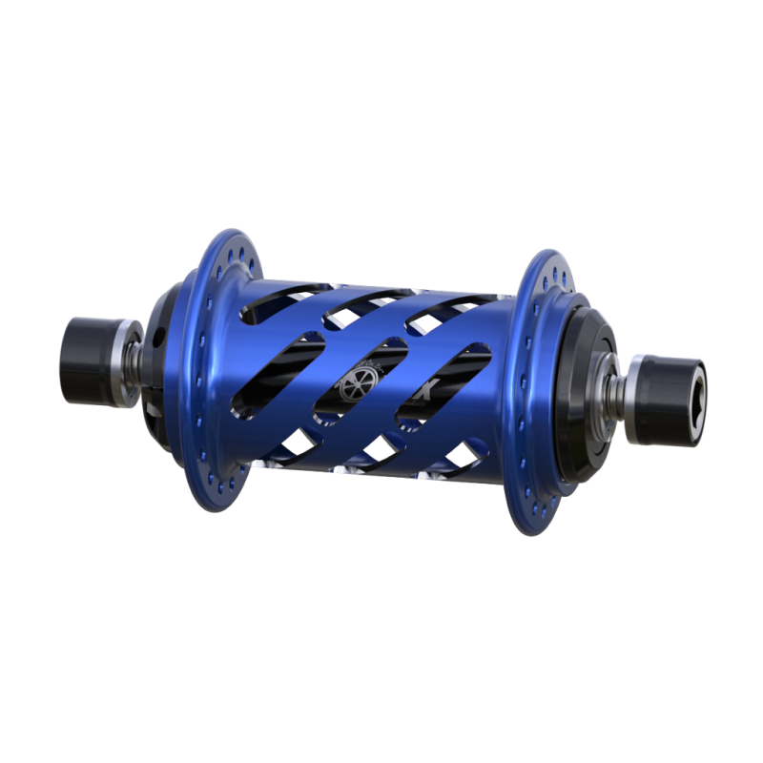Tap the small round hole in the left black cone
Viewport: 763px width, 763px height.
coord(159,335)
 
